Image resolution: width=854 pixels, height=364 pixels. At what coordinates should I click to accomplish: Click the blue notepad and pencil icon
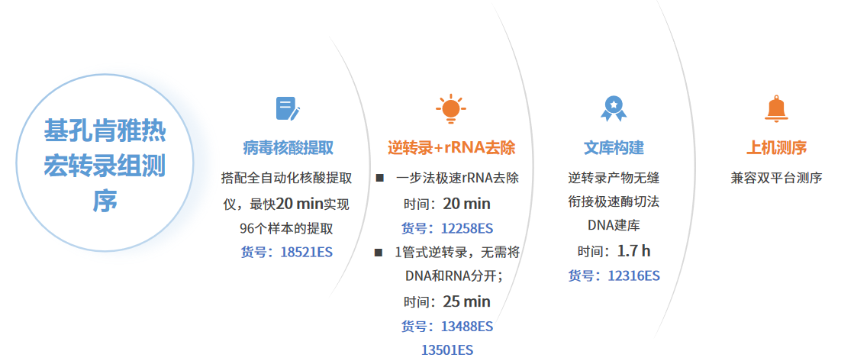[x=288, y=108]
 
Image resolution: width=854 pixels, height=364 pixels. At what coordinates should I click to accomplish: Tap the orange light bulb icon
[x=450, y=108]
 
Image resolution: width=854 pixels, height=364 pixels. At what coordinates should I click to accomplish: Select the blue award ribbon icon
[x=614, y=108]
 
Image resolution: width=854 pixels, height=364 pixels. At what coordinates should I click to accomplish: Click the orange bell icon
[x=776, y=108]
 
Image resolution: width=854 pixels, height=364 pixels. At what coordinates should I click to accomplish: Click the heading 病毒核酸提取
[x=288, y=148]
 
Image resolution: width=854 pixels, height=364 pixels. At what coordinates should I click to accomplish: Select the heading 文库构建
[x=614, y=148]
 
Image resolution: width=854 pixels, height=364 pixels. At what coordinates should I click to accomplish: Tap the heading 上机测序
[x=776, y=148]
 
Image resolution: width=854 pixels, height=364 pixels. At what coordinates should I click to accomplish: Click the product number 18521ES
[x=307, y=253]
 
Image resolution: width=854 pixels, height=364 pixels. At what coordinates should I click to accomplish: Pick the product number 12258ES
[x=467, y=228]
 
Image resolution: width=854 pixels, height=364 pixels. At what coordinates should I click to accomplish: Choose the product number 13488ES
[x=467, y=327]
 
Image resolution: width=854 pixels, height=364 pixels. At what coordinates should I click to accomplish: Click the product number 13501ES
[x=447, y=350]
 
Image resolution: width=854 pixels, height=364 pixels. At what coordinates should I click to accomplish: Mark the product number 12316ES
[x=634, y=275]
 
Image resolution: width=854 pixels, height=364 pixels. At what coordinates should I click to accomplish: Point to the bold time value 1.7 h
[x=634, y=251]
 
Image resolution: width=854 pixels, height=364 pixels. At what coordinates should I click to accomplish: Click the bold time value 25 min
[x=467, y=301]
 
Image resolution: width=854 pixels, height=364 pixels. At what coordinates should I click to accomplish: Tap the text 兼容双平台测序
[x=776, y=179]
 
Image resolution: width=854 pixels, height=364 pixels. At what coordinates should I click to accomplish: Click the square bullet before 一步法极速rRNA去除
[x=379, y=179]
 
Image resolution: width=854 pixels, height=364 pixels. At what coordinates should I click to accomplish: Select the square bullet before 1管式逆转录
[x=379, y=253]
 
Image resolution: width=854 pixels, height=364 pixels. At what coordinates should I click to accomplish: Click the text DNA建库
[x=614, y=225]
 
